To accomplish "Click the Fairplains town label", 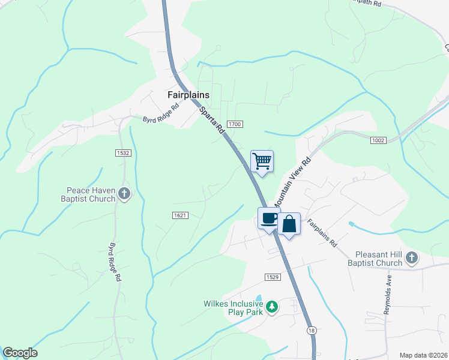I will [x=188, y=95].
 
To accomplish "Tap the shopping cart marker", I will [x=262, y=161].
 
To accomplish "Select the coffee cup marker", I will [x=269, y=218].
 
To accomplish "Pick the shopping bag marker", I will [x=289, y=224].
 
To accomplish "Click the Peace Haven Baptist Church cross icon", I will [x=124, y=193].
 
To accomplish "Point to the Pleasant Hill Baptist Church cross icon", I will [x=411, y=258].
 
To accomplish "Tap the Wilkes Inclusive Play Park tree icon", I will [x=272, y=307].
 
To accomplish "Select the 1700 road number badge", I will [x=235, y=124].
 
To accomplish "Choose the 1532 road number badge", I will [x=123, y=153].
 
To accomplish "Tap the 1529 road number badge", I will [x=272, y=277].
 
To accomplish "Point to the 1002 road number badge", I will [x=378, y=140].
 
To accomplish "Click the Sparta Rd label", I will [x=211, y=119].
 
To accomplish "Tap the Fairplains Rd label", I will [x=323, y=234].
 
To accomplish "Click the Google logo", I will [x=20, y=353].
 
